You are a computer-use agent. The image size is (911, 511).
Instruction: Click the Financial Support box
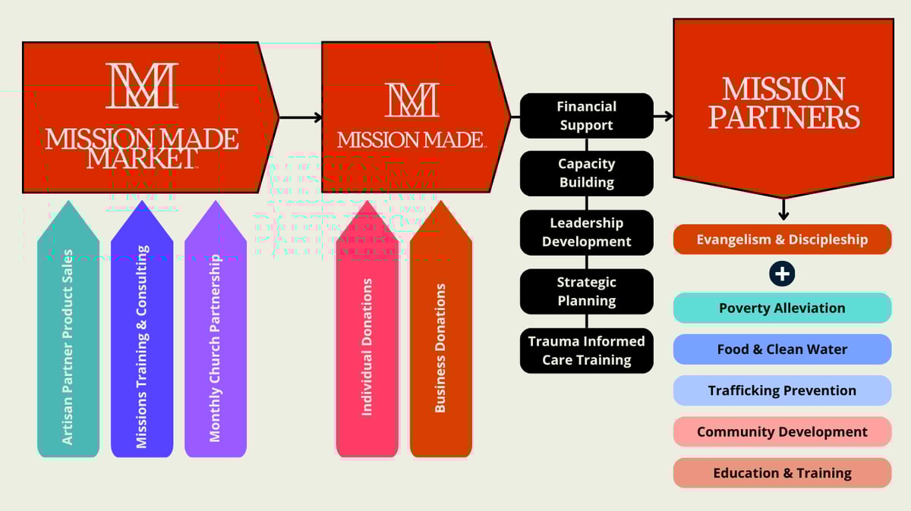point(586,115)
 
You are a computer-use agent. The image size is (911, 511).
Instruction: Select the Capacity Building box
point(586,173)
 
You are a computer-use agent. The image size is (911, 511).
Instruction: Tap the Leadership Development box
point(586,232)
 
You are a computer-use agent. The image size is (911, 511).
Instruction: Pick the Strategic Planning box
point(586,291)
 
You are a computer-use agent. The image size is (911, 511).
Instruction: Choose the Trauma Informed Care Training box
point(586,350)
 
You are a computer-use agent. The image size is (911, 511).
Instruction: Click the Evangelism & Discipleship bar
point(782,240)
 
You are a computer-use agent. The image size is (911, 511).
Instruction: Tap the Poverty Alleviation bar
point(782,308)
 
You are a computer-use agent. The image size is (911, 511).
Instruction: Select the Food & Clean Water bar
point(782,350)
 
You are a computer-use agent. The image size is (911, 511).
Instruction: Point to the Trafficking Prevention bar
point(782,390)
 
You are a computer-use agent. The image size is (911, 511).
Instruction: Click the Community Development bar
point(782,432)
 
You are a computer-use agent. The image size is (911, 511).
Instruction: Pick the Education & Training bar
point(782,473)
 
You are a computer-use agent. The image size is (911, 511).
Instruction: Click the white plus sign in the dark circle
point(782,274)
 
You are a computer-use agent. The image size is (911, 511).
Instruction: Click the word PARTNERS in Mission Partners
point(783,118)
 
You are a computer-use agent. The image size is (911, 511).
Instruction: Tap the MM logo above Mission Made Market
point(142,86)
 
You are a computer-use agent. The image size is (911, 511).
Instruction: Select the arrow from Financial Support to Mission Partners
point(664,116)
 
